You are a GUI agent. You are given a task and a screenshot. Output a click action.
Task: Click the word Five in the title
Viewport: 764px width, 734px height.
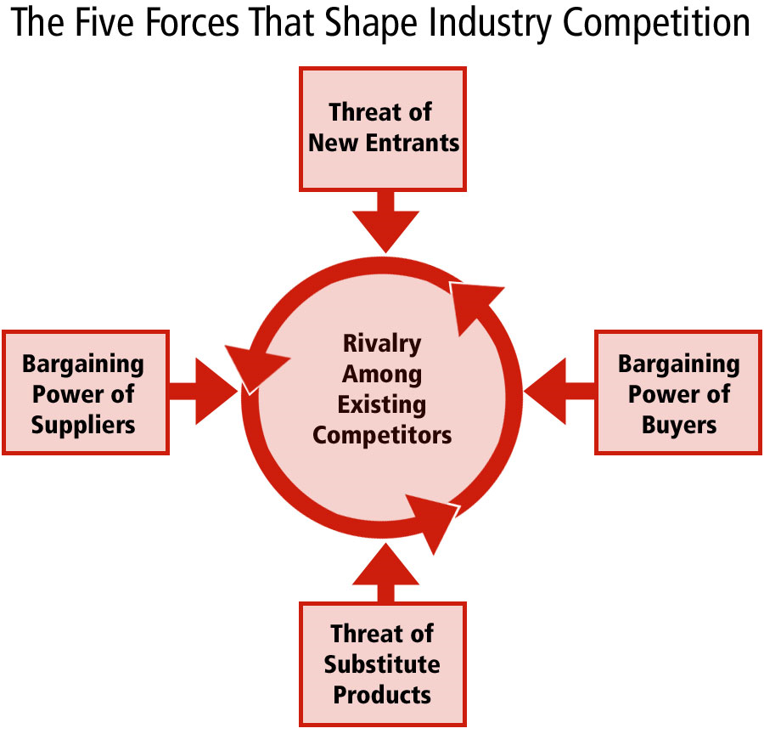104,22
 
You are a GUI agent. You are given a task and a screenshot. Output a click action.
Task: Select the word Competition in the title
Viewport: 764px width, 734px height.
656,24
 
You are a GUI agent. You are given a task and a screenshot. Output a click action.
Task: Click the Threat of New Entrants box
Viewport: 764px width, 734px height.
383,129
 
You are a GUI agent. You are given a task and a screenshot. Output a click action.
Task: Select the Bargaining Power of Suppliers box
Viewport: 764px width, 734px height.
85,392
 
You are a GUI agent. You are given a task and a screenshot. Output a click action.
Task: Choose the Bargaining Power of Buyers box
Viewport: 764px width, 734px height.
677,392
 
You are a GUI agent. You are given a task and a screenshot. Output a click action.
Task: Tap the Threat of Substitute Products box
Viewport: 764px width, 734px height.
383,664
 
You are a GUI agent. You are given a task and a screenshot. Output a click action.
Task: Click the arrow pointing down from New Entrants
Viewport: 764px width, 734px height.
385,222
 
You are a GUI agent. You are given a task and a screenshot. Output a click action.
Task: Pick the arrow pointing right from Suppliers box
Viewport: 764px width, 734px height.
203,391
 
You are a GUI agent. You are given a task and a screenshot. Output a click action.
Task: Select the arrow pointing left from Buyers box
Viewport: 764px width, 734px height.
559,391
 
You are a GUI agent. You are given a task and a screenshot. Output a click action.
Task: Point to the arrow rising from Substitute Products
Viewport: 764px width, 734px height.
385,573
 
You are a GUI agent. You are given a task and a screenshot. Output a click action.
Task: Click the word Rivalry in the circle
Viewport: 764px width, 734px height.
382,344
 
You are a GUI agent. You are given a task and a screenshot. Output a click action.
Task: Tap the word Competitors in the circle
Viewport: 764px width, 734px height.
382,435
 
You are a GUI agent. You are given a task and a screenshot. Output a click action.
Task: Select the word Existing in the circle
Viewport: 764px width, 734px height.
382,405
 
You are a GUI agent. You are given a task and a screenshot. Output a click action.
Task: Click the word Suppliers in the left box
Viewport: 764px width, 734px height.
83,426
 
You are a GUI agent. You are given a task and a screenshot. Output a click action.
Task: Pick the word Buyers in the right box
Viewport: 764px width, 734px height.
679,426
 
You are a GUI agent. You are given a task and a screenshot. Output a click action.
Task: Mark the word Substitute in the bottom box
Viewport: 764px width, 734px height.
382,664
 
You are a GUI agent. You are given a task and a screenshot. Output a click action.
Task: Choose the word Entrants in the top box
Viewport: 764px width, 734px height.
413,143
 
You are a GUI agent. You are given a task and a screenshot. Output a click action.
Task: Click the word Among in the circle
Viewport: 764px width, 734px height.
382,375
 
